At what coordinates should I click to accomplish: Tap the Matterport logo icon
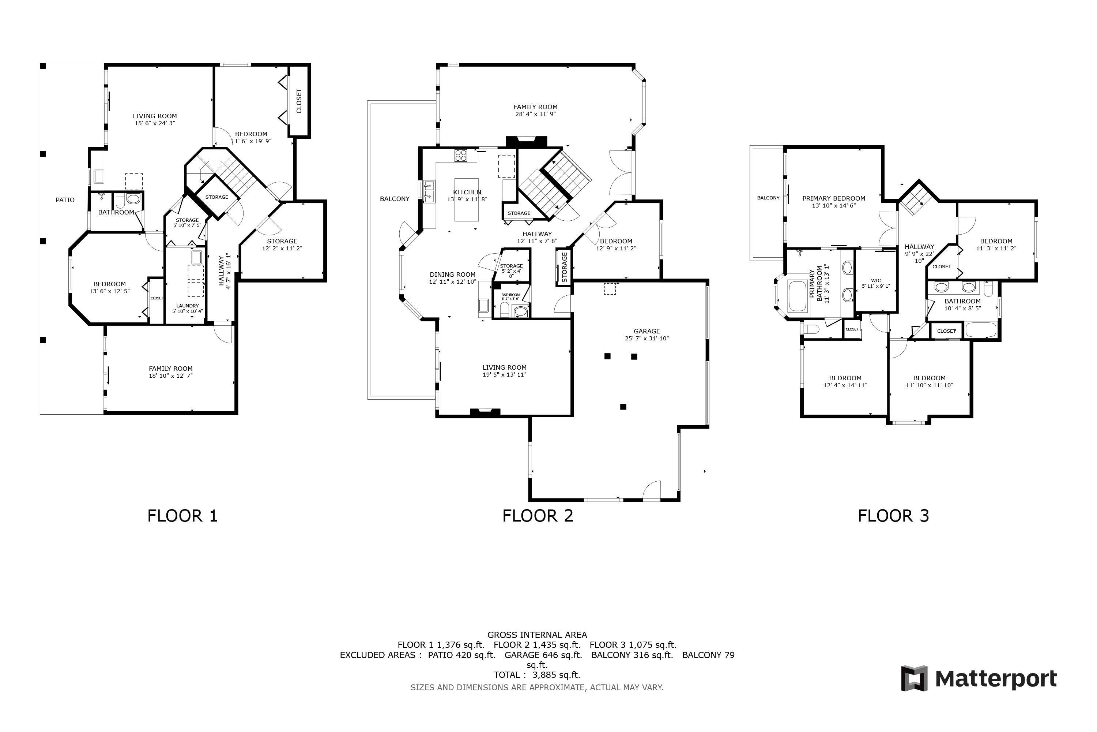(914, 678)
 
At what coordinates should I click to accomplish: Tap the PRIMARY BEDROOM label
(833, 198)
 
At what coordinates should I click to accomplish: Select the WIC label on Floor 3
(875, 281)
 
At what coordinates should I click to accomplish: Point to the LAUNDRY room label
(188, 306)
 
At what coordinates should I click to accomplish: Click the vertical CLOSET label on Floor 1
(299, 101)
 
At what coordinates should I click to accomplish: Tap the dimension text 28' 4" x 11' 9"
(535, 114)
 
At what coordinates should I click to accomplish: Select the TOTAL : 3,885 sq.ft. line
(537, 675)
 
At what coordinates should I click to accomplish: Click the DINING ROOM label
(452, 274)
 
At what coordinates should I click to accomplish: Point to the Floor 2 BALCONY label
(395, 199)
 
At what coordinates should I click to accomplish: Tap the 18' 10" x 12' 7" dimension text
(171, 376)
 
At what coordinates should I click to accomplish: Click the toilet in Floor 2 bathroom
(504, 310)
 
